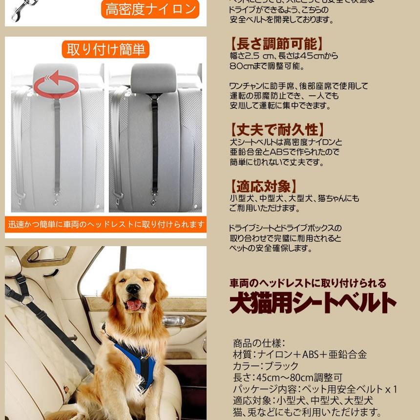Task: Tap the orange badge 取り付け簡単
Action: (x=105, y=50)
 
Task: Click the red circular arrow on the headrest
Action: (x=56, y=84)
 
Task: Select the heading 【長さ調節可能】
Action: (x=277, y=44)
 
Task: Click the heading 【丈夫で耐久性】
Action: (x=277, y=130)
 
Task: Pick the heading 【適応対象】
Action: (x=264, y=186)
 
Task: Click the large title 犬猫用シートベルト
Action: (x=313, y=303)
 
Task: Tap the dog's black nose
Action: (x=132, y=289)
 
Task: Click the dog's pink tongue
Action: (x=134, y=305)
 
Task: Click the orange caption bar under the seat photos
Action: (x=105, y=225)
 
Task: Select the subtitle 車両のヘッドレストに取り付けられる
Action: (x=308, y=283)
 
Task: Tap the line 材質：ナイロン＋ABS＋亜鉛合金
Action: (x=300, y=355)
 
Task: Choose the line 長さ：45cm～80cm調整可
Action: (x=288, y=378)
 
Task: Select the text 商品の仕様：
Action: (x=259, y=343)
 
